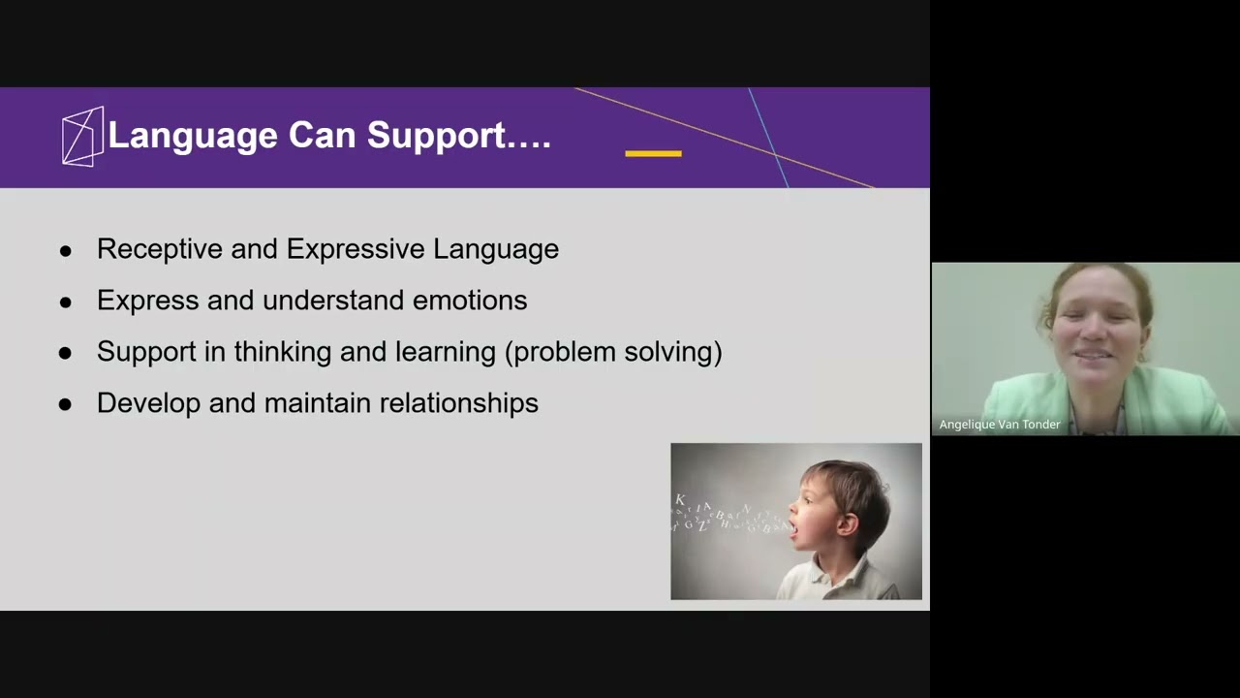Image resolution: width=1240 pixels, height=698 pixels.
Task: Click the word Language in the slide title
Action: pos(193,136)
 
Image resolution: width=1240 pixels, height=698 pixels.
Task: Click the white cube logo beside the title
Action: pos(82,137)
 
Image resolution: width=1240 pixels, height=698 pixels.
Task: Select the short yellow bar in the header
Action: pos(653,153)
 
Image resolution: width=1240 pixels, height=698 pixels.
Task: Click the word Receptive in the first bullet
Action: pos(160,249)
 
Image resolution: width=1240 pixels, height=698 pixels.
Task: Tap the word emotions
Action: pos(470,301)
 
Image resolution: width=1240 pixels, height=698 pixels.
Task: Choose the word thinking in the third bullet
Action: pos(283,352)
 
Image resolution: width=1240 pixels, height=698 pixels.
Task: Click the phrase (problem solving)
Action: pos(613,352)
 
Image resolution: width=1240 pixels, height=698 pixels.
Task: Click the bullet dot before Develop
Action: pos(66,404)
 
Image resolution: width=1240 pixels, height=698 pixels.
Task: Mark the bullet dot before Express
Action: pos(66,301)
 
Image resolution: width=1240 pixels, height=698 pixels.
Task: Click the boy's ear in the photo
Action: pos(850,523)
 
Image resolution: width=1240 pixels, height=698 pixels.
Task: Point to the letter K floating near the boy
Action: pos(680,500)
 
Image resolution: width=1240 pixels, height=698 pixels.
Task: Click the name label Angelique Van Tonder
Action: pos(999,425)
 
